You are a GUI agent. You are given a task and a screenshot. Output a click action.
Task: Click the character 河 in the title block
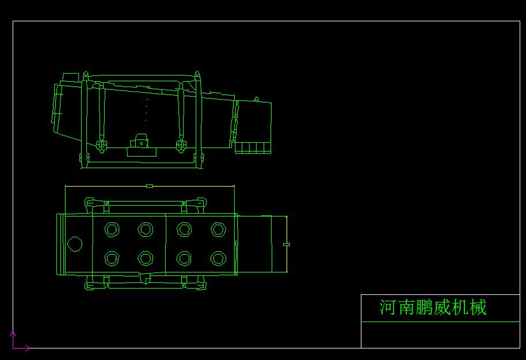click(x=388, y=307)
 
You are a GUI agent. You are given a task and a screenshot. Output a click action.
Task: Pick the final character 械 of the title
click(x=478, y=307)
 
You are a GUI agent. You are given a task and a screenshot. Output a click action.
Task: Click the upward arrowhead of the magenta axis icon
click(x=13, y=334)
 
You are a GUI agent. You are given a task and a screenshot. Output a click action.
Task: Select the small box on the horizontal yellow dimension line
click(x=150, y=185)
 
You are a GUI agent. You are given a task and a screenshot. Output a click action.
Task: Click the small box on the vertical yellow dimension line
click(x=287, y=244)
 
